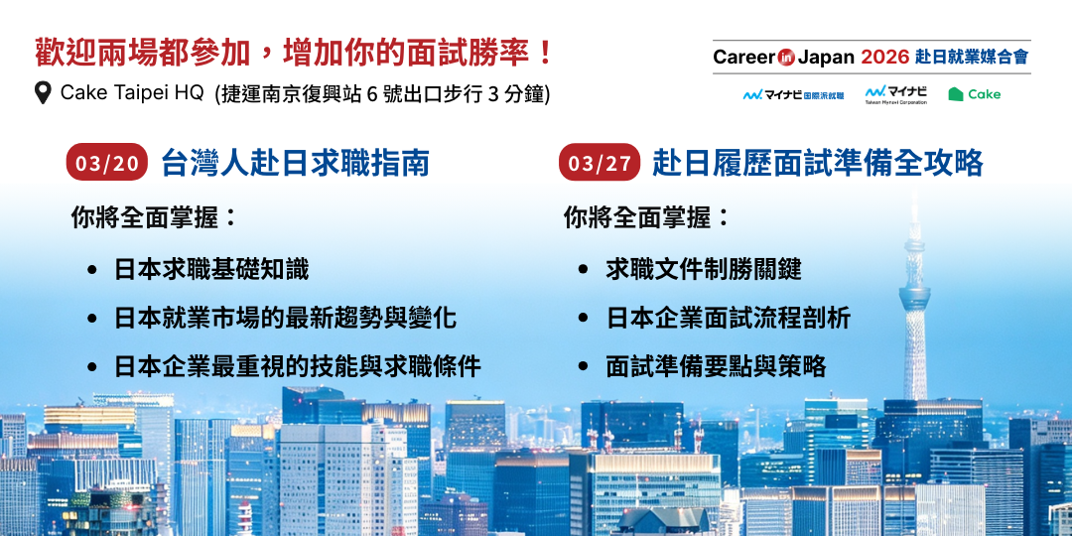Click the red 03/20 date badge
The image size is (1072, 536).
[x=107, y=162]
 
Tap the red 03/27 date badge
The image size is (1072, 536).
[x=600, y=162]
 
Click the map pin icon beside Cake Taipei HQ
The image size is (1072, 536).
[x=43, y=93]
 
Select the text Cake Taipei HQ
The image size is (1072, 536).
[x=132, y=93]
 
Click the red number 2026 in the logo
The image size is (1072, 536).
[x=884, y=57]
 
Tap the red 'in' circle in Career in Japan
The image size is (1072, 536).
[x=786, y=58]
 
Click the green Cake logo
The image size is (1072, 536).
[x=975, y=94]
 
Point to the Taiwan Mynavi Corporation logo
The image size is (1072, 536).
[x=895, y=95]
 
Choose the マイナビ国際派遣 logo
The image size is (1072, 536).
[x=793, y=95]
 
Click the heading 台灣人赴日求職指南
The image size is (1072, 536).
[x=296, y=163]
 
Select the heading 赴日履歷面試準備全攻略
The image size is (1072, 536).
[x=818, y=163]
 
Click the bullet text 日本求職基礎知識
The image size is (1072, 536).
[x=212, y=269]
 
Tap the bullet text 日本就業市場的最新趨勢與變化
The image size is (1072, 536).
[x=286, y=318]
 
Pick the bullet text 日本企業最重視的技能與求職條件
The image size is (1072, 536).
[x=298, y=366]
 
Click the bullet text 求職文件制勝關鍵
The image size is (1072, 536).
[x=704, y=269]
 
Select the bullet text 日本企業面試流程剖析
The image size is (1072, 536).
[x=729, y=318]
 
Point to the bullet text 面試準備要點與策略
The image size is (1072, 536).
[x=717, y=366]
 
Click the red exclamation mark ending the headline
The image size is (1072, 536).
[x=545, y=54]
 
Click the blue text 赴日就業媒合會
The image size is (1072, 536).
[x=972, y=57]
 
